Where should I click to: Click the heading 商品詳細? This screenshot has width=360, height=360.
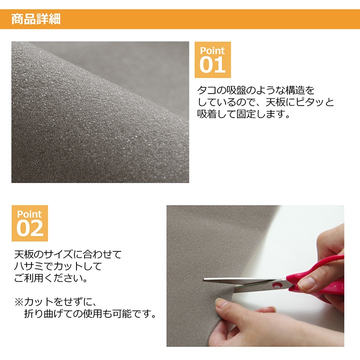[x=36, y=19]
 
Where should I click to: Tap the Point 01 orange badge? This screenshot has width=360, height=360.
[x=212, y=59]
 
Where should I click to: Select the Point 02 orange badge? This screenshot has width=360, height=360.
[x=30, y=223]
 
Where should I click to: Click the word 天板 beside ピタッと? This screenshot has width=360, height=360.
[x=275, y=102]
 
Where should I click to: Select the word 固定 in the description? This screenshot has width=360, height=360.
[x=246, y=114]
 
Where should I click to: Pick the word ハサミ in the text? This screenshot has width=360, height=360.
[x=28, y=266]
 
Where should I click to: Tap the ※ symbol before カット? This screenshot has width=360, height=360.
[x=19, y=302]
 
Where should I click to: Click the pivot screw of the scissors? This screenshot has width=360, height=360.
[x=277, y=285]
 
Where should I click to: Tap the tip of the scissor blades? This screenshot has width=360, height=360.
[x=204, y=279]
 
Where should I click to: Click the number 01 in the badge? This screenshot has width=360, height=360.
[x=212, y=64]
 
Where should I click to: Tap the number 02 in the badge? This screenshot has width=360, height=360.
[x=30, y=228]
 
